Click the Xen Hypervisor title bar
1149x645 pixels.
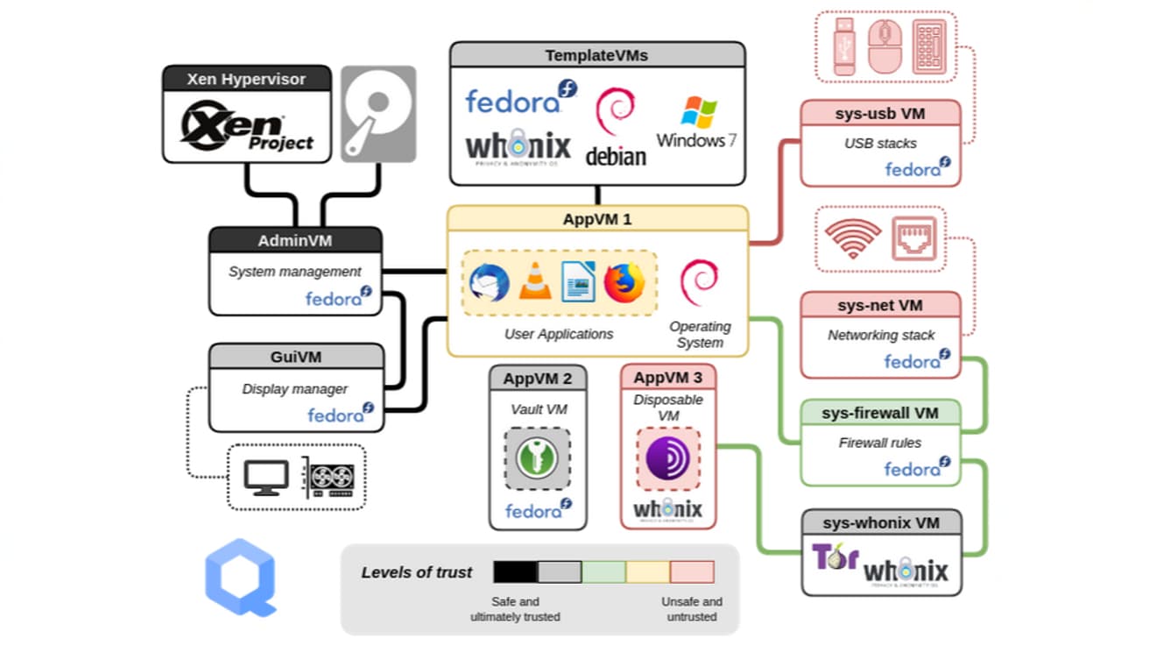pos(247,79)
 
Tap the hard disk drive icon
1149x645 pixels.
pos(377,114)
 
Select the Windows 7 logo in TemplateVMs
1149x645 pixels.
pos(697,123)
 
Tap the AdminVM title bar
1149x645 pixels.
pos(295,240)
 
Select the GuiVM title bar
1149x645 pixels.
pos(296,357)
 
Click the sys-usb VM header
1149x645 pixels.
pos(880,113)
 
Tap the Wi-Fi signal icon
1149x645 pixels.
pos(852,238)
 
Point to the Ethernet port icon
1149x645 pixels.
pos(913,238)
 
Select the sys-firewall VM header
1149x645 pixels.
pos(880,413)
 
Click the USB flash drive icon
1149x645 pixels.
pos(844,46)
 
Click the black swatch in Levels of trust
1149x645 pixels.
pos(515,572)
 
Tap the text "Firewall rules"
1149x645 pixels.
pos(880,443)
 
